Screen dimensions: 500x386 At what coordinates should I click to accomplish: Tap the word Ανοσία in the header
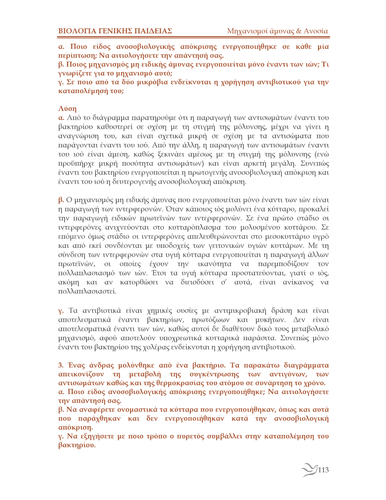316,31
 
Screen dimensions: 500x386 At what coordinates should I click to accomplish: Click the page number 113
323,470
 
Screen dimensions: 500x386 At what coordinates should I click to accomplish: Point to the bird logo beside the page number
309,469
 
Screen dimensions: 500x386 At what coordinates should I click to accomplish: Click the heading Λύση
67,109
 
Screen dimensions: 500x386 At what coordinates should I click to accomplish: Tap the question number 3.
61,365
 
